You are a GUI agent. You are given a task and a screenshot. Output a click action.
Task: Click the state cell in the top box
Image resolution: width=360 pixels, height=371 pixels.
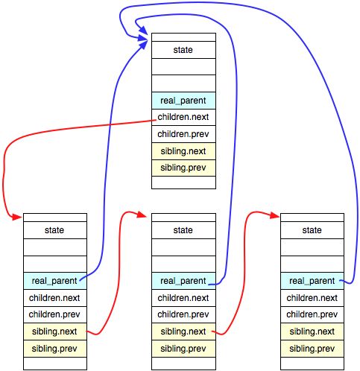pyautogui.click(x=183, y=50)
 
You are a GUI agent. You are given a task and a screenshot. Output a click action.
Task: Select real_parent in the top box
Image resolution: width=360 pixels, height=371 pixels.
pyautogui.click(x=183, y=101)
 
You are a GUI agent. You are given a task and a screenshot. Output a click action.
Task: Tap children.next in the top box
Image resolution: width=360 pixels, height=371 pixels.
pyautogui.click(x=183, y=117)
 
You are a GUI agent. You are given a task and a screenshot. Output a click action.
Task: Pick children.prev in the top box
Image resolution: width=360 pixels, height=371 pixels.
pyautogui.click(x=183, y=134)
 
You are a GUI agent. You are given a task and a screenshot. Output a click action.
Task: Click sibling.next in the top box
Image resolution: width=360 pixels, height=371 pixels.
pyautogui.click(x=183, y=150)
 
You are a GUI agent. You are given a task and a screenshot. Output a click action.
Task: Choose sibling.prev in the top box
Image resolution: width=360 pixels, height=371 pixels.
pyautogui.click(x=183, y=167)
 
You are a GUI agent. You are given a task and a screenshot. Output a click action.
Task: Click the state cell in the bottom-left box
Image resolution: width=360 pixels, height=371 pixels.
pyautogui.click(x=54, y=230)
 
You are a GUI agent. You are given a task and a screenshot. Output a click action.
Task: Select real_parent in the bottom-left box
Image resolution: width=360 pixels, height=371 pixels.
pyautogui.click(x=54, y=281)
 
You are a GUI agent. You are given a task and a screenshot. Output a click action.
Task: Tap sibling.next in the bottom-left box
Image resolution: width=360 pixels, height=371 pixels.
pyautogui.click(x=54, y=332)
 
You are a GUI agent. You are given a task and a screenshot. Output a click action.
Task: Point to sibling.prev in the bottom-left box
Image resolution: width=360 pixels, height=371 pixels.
pyautogui.click(x=54, y=348)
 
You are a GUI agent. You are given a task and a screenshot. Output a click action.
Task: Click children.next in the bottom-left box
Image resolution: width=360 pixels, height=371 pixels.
pyautogui.click(x=54, y=298)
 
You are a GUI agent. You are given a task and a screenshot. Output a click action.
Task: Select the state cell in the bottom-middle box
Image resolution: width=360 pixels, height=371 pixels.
pyautogui.click(x=183, y=230)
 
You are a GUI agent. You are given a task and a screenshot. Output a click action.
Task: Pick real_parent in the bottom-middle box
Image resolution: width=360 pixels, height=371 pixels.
pyautogui.click(x=183, y=281)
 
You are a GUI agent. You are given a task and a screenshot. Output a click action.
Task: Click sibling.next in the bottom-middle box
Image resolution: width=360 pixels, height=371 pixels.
pyautogui.click(x=183, y=332)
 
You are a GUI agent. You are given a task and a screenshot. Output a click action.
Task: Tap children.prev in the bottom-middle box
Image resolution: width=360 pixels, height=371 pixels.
pyautogui.click(x=183, y=314)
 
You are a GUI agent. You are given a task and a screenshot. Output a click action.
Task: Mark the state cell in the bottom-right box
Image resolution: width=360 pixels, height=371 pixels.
pyautogui.click(x=312, y=230)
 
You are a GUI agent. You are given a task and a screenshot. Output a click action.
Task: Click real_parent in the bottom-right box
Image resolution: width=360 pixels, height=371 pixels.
pyautogui.click(x=312, y=281)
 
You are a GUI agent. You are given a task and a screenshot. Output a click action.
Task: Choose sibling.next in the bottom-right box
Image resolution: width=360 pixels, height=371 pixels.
pyautogui.click(x=312, y=332)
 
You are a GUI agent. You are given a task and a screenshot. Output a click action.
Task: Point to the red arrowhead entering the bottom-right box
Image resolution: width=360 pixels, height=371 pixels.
pyautogui.click(x=275, y=217)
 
